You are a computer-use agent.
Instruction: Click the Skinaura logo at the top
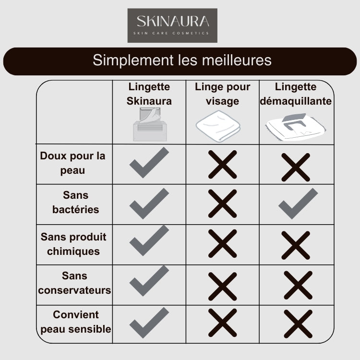point(172,25)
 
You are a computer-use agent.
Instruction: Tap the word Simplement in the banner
point(133,60)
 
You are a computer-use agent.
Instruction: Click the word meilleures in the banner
point(237,60)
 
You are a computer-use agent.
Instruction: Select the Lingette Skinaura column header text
point(149,94)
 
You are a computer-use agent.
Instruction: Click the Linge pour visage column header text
point(222,94)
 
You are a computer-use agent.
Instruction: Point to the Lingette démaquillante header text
point(296,94)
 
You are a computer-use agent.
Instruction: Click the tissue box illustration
point(150,124)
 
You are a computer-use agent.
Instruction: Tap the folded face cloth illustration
point(218,126)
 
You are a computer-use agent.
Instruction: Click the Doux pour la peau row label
point(72,163)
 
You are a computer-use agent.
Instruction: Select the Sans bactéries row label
point(75,202)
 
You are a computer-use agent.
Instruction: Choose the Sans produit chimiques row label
point(73,244)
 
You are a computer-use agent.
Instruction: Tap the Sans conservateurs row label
point(74,283)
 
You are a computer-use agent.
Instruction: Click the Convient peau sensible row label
point(76,322)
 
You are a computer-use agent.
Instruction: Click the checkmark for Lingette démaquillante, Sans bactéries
point(298,204)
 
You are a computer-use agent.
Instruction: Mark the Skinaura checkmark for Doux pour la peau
point(149,163)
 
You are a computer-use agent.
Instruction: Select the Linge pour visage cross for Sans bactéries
point(222,204)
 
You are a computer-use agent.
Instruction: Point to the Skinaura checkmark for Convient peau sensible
point(149,323)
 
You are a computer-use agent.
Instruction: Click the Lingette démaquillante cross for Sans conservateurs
point(298,285)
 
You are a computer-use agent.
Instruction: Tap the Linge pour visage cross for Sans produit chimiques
point(222,243)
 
